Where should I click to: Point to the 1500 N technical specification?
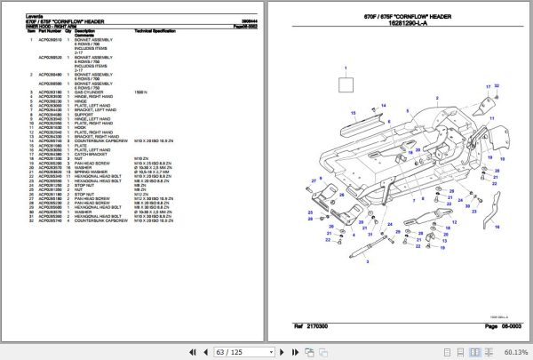click(139, 91)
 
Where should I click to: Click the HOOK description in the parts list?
click(79, 127)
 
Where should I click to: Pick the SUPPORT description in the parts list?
click(84, 114)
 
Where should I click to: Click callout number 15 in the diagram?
click(353, 114)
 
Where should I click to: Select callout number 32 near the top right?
click(496, 86)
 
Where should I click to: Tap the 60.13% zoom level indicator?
click(513, 351)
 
